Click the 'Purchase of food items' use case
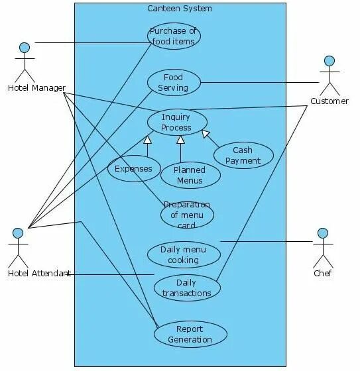(174, 36)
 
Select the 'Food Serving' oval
(174, 82)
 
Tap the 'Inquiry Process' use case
(176, 123)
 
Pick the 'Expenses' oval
(133, 168)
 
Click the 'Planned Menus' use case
(190, 175)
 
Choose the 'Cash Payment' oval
(243, 155)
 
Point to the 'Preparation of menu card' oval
(187, 215)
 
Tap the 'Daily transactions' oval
(186, 288)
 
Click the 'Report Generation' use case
(190, 334)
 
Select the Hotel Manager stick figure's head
(25, 48)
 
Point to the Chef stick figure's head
(323, 233)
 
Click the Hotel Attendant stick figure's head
(18, 233)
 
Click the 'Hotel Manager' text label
(36, 88)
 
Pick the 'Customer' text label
(330, 101)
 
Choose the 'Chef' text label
(323, 273)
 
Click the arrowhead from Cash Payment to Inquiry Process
(206, 134)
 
